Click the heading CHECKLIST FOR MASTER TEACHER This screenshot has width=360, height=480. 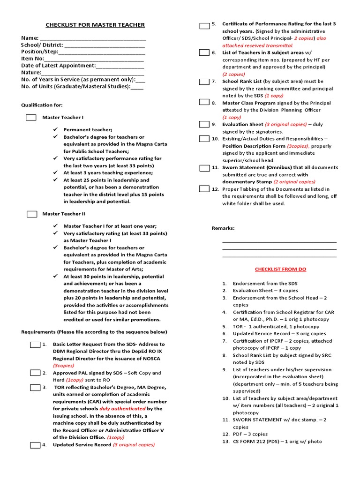(95, 25)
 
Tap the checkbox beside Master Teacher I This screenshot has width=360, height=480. (31, 117)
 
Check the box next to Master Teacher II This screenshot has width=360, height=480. (32, 214)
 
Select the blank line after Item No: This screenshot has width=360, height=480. (94, 59)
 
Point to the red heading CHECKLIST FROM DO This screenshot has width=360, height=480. (280, 270)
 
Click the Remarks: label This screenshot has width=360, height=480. (223, 228)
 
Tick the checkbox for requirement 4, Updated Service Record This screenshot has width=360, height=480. (35, 445)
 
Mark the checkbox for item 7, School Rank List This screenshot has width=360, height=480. (204, 82)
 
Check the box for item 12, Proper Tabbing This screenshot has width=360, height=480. (204, 189)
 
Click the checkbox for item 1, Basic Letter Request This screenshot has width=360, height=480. (35, 345)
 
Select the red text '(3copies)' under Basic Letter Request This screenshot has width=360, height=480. (63, 365)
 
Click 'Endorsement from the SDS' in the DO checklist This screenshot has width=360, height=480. (265, 284)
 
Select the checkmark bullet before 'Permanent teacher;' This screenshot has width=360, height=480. (55, 129)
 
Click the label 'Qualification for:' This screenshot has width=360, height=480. (42, 105)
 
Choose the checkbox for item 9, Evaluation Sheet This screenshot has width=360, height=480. (204, 124)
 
